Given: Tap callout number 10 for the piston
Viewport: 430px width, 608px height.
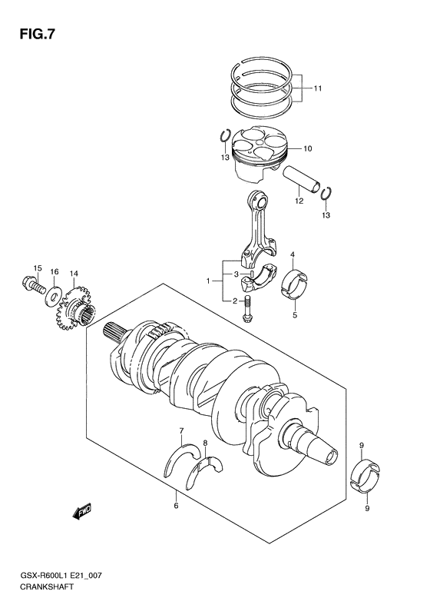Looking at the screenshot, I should (306, 148).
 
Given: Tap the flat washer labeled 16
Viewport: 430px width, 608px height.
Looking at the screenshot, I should (55, 294).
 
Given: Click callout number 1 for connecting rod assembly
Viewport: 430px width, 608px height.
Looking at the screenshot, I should (207, 282).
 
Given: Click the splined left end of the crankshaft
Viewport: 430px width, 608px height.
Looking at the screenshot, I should (114, 331).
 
